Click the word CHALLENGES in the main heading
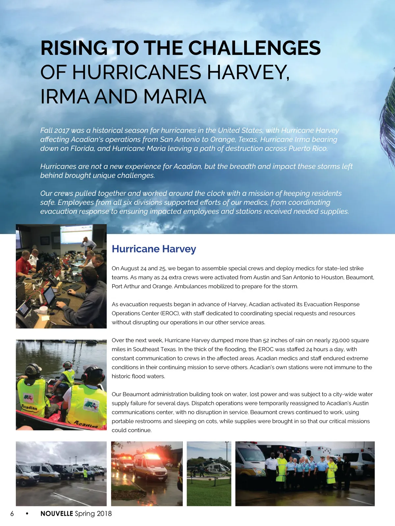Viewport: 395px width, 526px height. point(254,48)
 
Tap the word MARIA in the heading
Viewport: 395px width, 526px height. point(174,97)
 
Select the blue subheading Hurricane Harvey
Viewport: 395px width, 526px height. point(154,249)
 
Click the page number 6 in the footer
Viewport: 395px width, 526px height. point(12,514)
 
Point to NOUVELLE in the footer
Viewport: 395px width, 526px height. point(57,514)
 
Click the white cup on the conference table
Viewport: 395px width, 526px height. point(43,310)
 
